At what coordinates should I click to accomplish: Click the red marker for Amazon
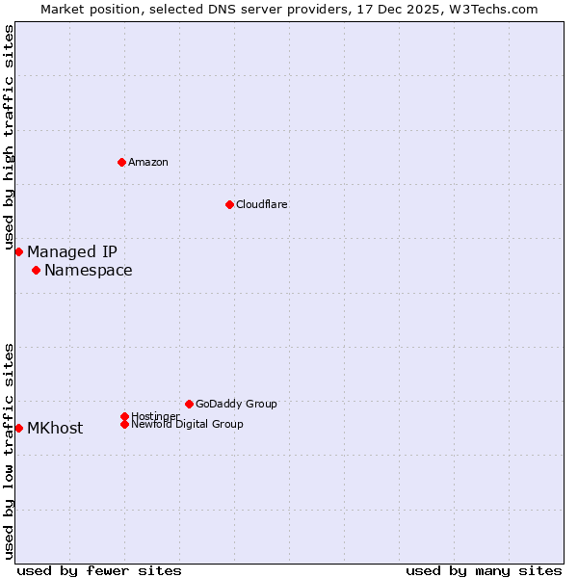click(121, 162)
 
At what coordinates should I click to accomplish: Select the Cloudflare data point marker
click(229, 204)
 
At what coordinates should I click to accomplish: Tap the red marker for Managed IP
click(18, 251)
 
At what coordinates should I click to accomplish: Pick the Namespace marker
click(36, 270)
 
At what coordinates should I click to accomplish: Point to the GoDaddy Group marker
click(189, 404)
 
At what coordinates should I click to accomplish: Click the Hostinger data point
click(124, 416)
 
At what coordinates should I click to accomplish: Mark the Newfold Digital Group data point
click(124, 424)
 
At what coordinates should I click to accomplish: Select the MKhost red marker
click(18, 428)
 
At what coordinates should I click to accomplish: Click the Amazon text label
click(148, 162)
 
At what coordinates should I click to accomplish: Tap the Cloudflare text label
click(261, 204)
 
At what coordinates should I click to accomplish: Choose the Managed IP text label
click(72, 252)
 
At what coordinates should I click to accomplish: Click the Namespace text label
click(89, 271)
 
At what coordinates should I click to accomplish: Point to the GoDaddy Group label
click(236, 404)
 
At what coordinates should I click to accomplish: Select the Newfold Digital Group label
click(187, 425)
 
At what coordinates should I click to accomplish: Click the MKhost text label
click(55, 429)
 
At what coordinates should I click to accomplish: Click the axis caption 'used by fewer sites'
click(99, 570)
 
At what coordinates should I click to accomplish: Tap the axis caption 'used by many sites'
click(484, 570)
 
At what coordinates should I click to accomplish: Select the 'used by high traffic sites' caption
click(10, 138)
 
